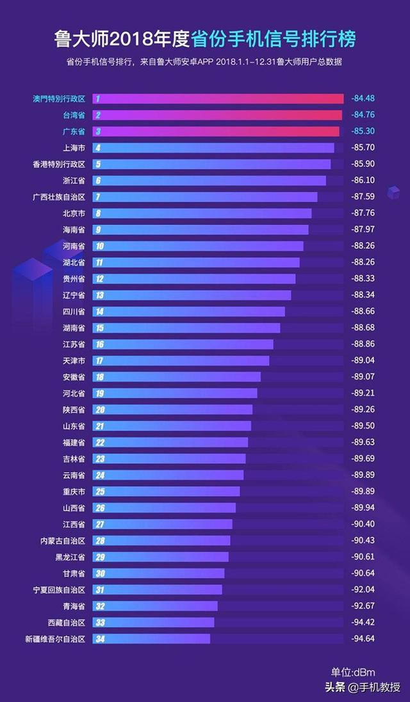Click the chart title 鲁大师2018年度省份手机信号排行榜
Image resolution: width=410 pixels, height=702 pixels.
pyautogui.click(x=205, y=39)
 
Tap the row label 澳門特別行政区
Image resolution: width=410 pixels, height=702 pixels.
pyautogui.click(x=58, y=99)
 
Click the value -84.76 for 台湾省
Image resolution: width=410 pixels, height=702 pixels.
pyautogui.click(x=363, y=115)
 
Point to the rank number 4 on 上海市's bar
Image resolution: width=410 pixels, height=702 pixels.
pyautogui.click(x=98, y=148)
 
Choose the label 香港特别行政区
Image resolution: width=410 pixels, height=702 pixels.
pyautogui.click(x=58, y=164)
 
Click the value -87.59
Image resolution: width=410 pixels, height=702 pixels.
pyautogui.click(x=363, y=196)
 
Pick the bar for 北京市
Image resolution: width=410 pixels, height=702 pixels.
pyautogui.click(x=202, y=213)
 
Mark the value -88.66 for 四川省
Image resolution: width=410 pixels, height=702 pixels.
pyautogui.click(x=363, y=312)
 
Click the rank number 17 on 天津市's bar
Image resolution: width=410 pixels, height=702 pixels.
pyautogui.click(x=100, y=361)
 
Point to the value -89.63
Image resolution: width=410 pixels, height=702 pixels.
pyautogui.click(x=363, y=442)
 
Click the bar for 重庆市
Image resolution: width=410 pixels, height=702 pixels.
pyautogui.click(x=166, y=491)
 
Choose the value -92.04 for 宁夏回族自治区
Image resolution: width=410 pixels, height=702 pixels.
pyautogui.click(x=363, y=589)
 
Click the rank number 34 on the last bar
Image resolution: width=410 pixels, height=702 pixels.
pyautogui.click(x=100, y=639)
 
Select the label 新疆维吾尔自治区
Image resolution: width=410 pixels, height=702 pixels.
pyautogui.click(x=55, y=639)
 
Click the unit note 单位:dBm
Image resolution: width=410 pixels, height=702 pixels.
pyautogui.click(x=353, y=672)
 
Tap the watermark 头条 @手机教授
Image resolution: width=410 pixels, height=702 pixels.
pyautogui.click(x=363, y=688)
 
